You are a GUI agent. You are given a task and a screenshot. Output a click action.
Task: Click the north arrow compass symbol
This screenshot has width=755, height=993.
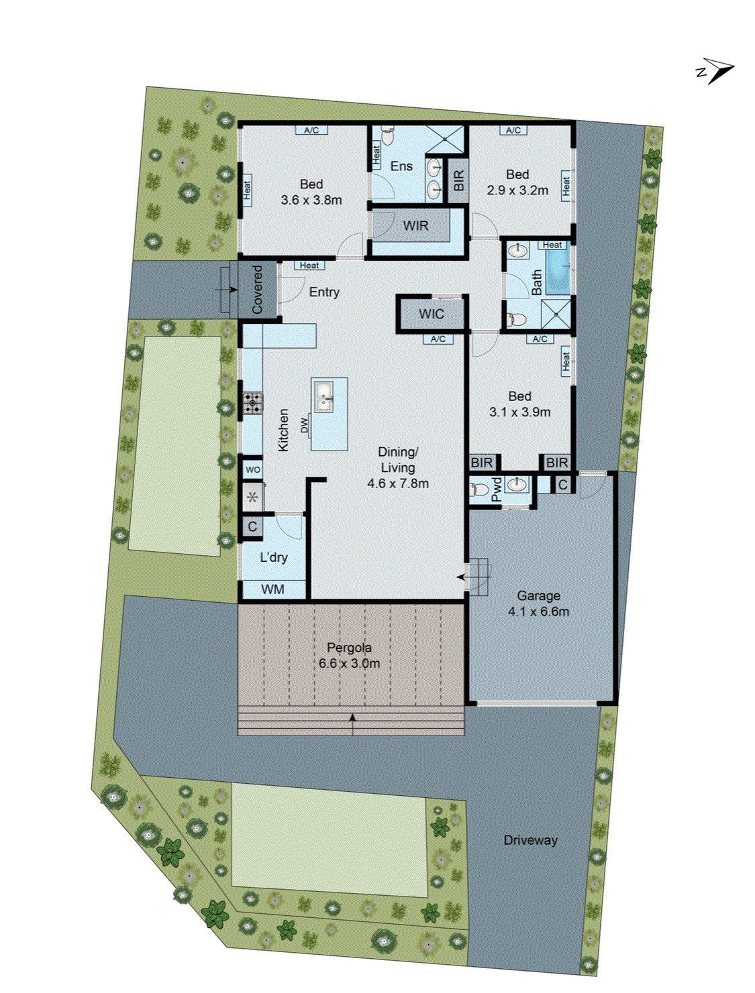pos(717,70)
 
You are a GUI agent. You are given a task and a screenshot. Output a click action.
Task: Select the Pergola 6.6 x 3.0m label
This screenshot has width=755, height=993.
pos(349,656)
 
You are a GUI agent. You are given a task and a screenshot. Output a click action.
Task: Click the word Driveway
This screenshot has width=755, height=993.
pos(530,840)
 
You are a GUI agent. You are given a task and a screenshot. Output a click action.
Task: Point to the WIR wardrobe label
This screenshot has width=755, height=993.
pos(415,226)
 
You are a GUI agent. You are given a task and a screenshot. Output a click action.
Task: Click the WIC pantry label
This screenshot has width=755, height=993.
pos(431,314)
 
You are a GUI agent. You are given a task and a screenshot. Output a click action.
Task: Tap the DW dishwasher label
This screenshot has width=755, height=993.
pos(304,424)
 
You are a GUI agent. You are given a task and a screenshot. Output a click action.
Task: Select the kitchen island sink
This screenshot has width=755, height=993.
pos(324,396)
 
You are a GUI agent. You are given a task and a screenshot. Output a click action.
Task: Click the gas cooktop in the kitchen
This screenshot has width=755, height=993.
pos(253,402)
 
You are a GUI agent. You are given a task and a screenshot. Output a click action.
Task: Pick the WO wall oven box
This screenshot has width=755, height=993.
pos(252,469)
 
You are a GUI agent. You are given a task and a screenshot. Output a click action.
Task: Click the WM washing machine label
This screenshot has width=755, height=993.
pos(272,589)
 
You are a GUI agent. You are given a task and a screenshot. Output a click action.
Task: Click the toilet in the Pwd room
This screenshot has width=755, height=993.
pos(479,489)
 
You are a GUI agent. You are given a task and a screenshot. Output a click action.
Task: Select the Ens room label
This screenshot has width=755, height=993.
pos(401,166)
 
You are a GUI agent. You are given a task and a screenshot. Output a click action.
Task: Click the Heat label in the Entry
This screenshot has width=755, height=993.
pos(309,266)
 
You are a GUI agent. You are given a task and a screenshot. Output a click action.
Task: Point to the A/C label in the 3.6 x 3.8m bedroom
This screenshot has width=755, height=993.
pos(311,130)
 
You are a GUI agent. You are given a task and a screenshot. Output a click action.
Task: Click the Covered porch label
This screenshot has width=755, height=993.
pos(257,290)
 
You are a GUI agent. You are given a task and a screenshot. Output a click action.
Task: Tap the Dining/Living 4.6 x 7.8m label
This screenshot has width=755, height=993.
pos(398,467)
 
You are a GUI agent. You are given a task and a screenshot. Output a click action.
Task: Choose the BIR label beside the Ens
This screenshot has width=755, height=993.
pos(458,180)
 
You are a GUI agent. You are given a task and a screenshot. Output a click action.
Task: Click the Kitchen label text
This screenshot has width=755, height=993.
pos(283,430)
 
